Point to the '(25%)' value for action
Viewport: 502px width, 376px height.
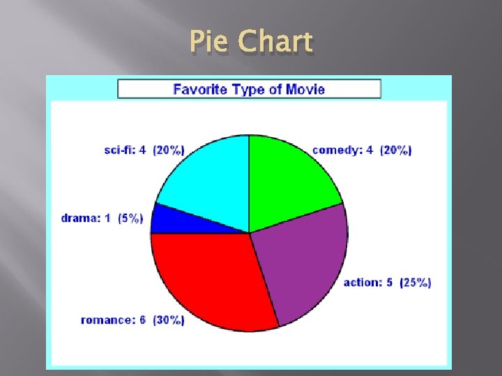(x=416, y=283)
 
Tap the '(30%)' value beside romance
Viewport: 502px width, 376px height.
(x=168, y=320)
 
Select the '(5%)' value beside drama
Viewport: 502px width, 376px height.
(x=130, y=219)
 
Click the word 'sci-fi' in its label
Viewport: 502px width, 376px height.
(x=118, y=150)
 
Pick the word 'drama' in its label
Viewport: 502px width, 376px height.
(x=96, y=219)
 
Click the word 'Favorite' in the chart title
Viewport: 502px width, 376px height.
(x=198, y=89)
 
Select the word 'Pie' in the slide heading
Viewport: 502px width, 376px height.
(x=211, y=43)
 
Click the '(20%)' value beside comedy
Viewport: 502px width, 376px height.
(x=395, y=150)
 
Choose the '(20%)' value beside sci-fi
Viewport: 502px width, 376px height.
(x=169, y=150)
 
